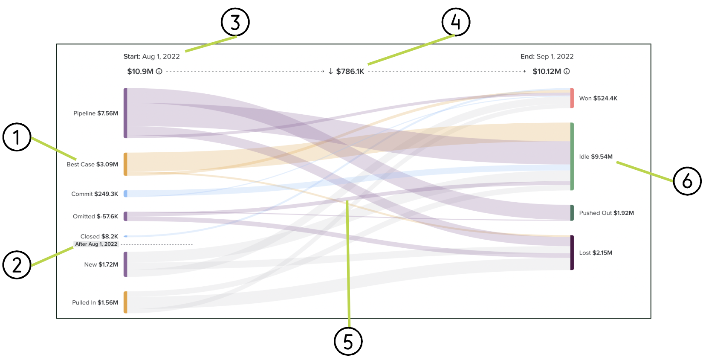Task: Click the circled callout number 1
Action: (x=17, y=137)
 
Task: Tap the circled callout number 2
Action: (x=17, y=265)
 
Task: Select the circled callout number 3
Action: (x=235, y=22)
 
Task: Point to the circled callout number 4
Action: (x=456, y=22)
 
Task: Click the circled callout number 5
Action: (x=348, y=341)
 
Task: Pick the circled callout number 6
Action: (x=687, y=181)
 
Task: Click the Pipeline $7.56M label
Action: (x=95, y=113)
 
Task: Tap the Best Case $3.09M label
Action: (x=92, y=164)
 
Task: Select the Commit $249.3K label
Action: (x=95, y=194)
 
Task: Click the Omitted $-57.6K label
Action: (x=95, y=217)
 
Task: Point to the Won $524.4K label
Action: (x=598, y=99)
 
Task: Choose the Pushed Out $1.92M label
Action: (x=606, y=213)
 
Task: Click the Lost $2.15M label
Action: (x=596, y=253)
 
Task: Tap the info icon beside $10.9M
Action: (x=159, y=72)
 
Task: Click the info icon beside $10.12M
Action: (x=567, y=72)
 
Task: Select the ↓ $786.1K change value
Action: (x=346, y=72)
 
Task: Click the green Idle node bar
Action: (x=572, y=156)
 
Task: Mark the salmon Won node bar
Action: (x=572, y=98)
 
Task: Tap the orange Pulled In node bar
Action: (x=125, y=302)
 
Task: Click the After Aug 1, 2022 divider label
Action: (x=96, y=244)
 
